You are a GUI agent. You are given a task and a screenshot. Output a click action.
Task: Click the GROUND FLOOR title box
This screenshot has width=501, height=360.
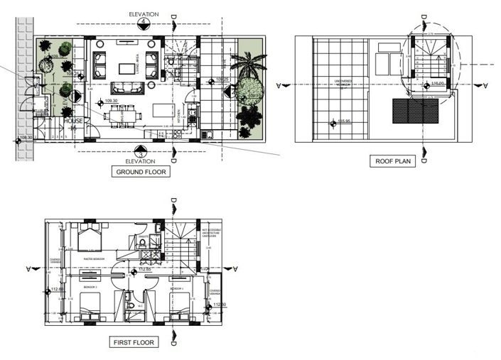coord(141,172)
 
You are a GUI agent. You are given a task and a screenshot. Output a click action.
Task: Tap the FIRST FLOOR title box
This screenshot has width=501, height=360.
coord(134,342)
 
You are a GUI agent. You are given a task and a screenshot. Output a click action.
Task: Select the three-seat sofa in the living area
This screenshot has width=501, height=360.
coord(128,87)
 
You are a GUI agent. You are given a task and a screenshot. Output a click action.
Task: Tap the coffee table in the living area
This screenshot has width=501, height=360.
coord(129,69)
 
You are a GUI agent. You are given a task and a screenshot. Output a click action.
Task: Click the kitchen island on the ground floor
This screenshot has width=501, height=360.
coord(166,111)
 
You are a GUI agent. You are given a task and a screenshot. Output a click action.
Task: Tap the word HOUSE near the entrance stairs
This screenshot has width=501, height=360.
coord(74,121)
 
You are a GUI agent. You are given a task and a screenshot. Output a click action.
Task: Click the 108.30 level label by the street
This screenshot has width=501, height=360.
coord(25,138)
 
